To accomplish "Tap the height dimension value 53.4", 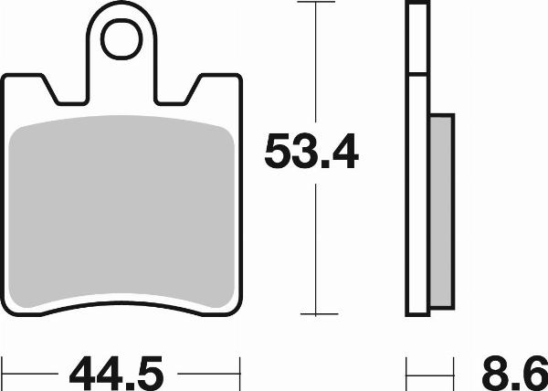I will click(311, 152).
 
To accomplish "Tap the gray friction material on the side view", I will click(440, 210).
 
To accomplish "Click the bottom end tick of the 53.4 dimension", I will click(314, 314).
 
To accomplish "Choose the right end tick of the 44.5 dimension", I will click(240, 373).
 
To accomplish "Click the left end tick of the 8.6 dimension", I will click(406, 373).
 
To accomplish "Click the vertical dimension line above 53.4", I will click(314, 64).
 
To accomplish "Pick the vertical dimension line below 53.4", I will click(314, 247).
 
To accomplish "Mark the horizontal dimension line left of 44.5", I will click(32, 373).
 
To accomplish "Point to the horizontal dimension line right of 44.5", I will click(208, 373).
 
